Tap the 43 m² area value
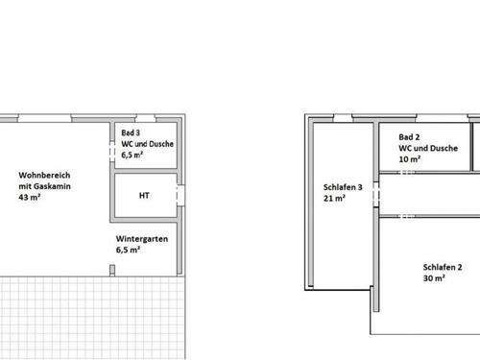coord(28,198)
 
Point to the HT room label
coord(144,196)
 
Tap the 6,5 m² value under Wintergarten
coord(129,249)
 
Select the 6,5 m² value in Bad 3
coord(132,154)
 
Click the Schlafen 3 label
coord(343,187)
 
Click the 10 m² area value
coord(409,159)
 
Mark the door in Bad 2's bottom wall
coord(407,174)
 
